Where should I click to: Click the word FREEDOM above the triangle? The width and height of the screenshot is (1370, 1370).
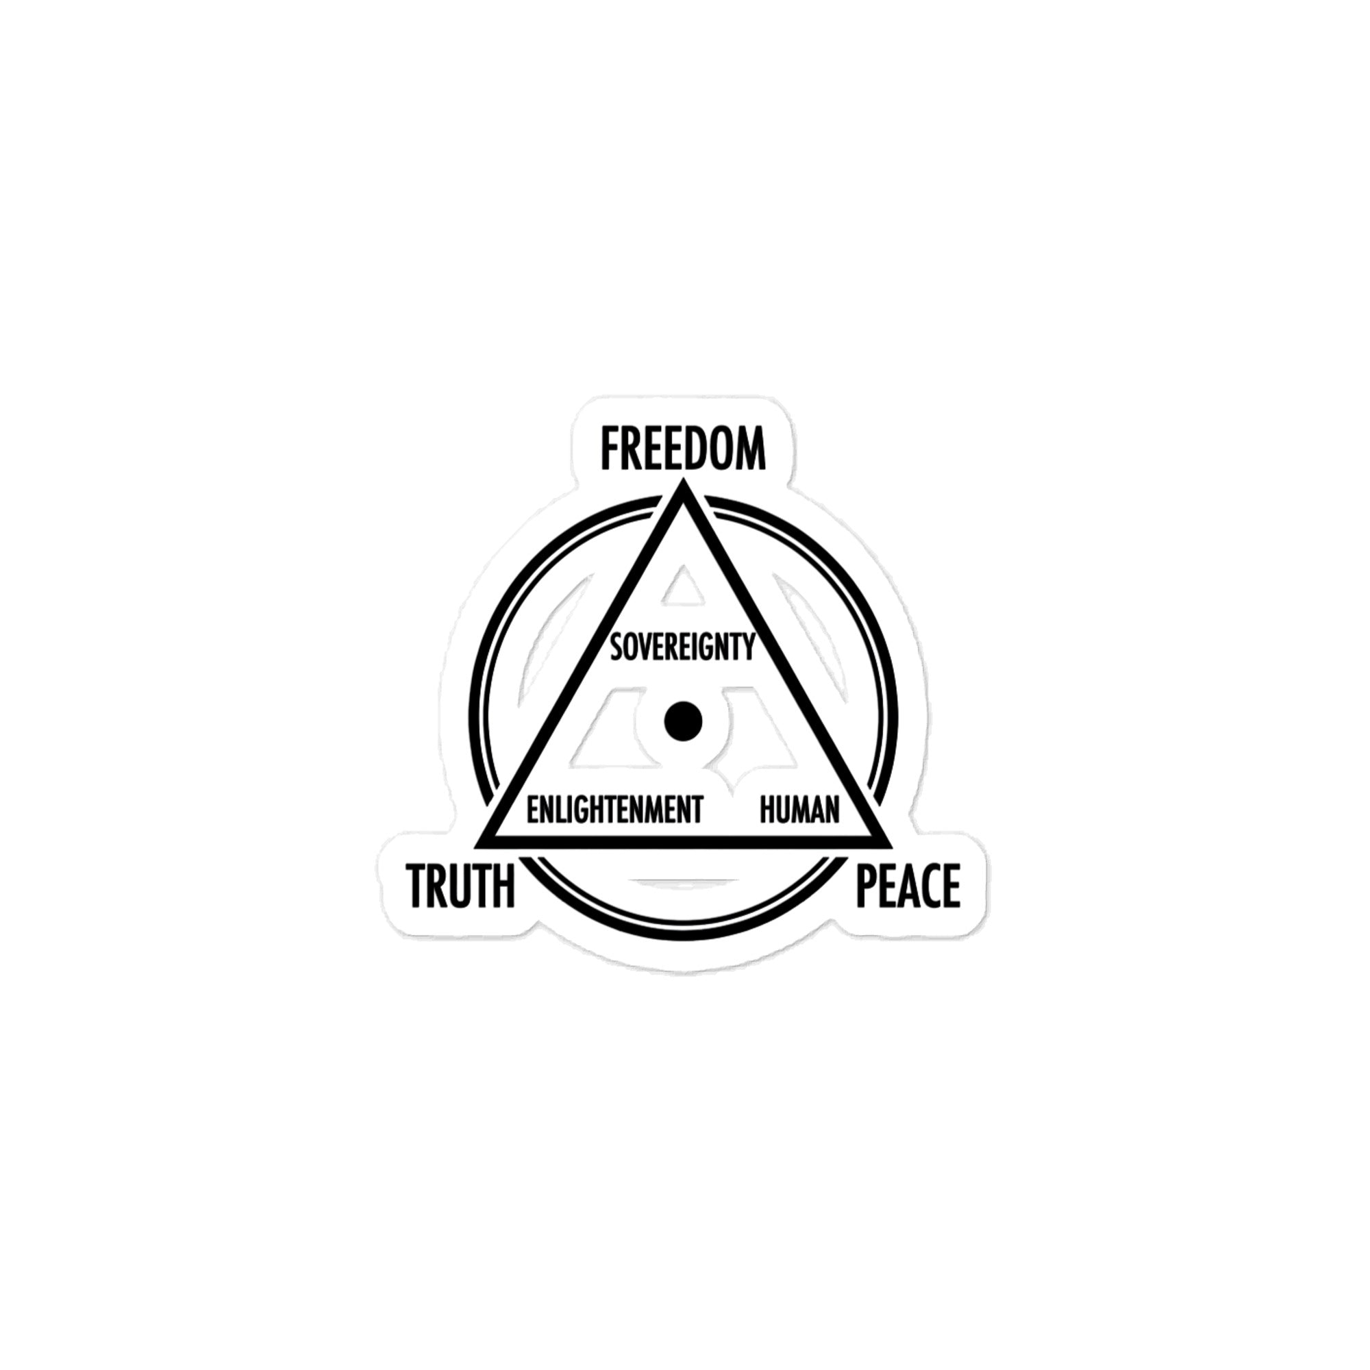click(x=684, y=449)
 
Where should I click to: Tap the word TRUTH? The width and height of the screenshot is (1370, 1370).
click(x=460, y=886)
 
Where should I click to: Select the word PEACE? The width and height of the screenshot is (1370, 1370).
click(x=908, y=886)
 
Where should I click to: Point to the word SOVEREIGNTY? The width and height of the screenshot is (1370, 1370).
click(x=682, y=647)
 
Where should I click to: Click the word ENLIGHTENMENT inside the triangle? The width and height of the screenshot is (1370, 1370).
click(x=615, y=810)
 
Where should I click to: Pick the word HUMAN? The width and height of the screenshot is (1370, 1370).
click(x=799, y=810)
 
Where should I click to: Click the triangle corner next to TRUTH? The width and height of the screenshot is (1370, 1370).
click(x=477, y=845)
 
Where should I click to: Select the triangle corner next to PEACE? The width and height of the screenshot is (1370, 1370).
click(x=890, y=845)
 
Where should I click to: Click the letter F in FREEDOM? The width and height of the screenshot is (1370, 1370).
click(x=610, y=449)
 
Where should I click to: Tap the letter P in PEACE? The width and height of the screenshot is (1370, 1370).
click(x=867, y=886)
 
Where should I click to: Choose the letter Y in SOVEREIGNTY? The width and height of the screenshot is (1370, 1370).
click(x=747, y=647)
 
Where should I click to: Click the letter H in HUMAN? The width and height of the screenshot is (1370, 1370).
click(x=767, y=810)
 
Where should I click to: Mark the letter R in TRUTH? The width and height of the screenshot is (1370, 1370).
click(x=440, y=886)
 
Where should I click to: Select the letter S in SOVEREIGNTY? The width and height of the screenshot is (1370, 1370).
click(x=617, y=647)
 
